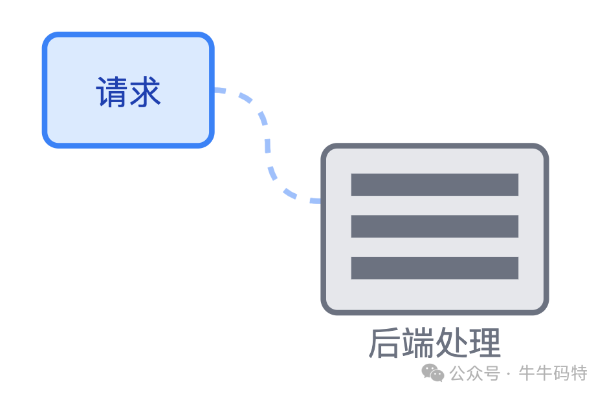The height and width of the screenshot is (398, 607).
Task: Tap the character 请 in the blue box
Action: [x=112, y=92]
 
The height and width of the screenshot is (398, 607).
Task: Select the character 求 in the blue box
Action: [x=145, y=92]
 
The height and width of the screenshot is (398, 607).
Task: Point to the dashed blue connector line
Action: [x=266, y=142]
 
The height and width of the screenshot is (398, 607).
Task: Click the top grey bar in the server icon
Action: [x=434, y=184]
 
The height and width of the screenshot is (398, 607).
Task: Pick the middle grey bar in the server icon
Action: [x=434, y=226]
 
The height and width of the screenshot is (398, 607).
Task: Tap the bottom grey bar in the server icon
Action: [x=434, y=268]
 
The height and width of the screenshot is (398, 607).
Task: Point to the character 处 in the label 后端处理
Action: [x=451, y=343]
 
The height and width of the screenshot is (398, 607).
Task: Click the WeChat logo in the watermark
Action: [x=433, y=372]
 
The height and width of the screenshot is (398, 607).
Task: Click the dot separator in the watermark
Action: [x=509, y=373]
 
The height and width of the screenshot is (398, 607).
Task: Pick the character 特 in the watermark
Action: [x=579, y=373]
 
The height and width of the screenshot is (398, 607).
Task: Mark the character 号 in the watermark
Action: [x=492, y=373]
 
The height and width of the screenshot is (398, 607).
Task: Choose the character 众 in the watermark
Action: [x=475, y=373]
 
